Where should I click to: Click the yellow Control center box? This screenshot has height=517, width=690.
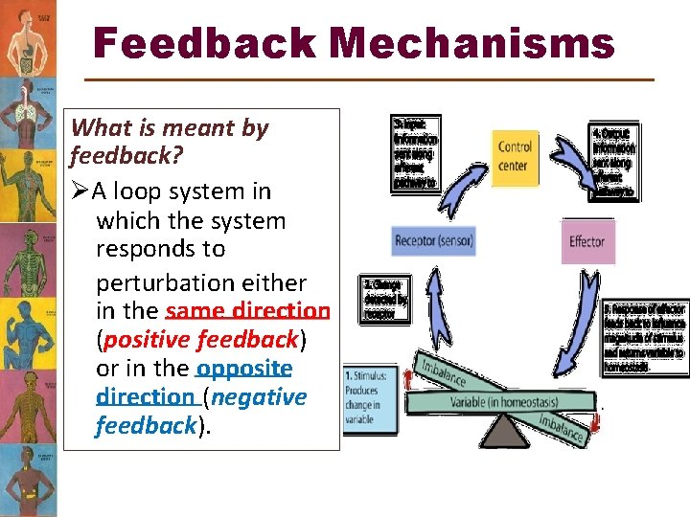pos(515,156)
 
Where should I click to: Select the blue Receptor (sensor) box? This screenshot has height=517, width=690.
pos(434,241)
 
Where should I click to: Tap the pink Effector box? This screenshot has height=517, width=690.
pos(586,241)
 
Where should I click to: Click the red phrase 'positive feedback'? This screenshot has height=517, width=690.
pos(201,339)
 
